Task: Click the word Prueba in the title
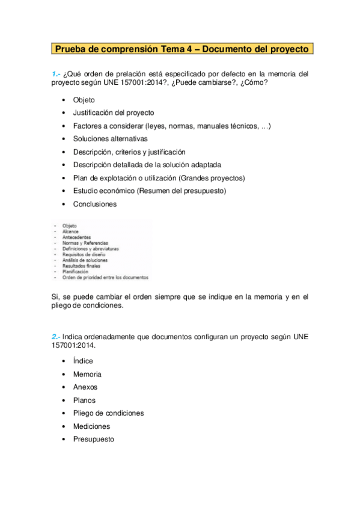tap(72, 48)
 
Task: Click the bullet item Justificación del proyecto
tap(114, 112)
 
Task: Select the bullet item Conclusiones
tap(94, 204)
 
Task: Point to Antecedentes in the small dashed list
tap(75, 237)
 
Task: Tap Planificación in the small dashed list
tap(75, 272)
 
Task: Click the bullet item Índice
tap(83, 361)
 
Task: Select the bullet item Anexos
tap(85, 387)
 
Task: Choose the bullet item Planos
tap(84, 401)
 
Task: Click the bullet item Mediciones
tap(91, 426)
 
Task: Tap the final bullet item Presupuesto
tap(93, 440)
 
